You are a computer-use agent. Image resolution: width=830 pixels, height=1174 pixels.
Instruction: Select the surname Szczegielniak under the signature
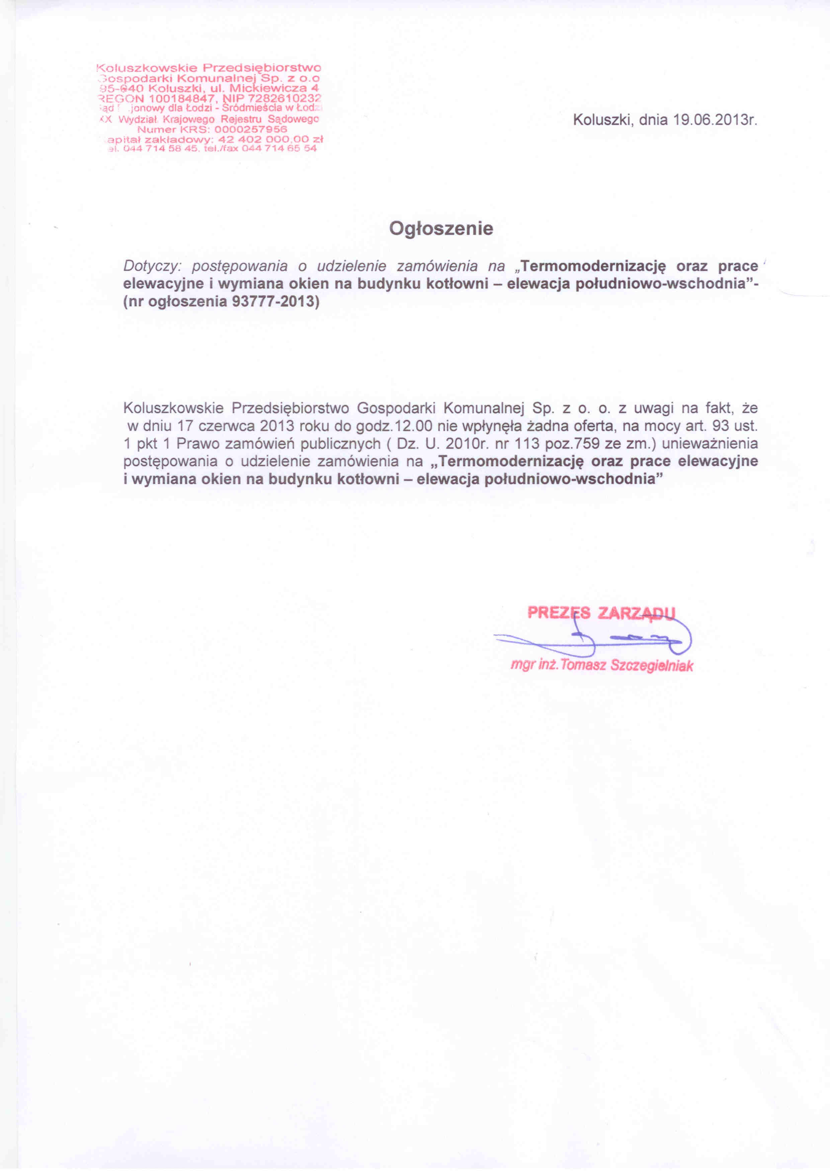[652, 666]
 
